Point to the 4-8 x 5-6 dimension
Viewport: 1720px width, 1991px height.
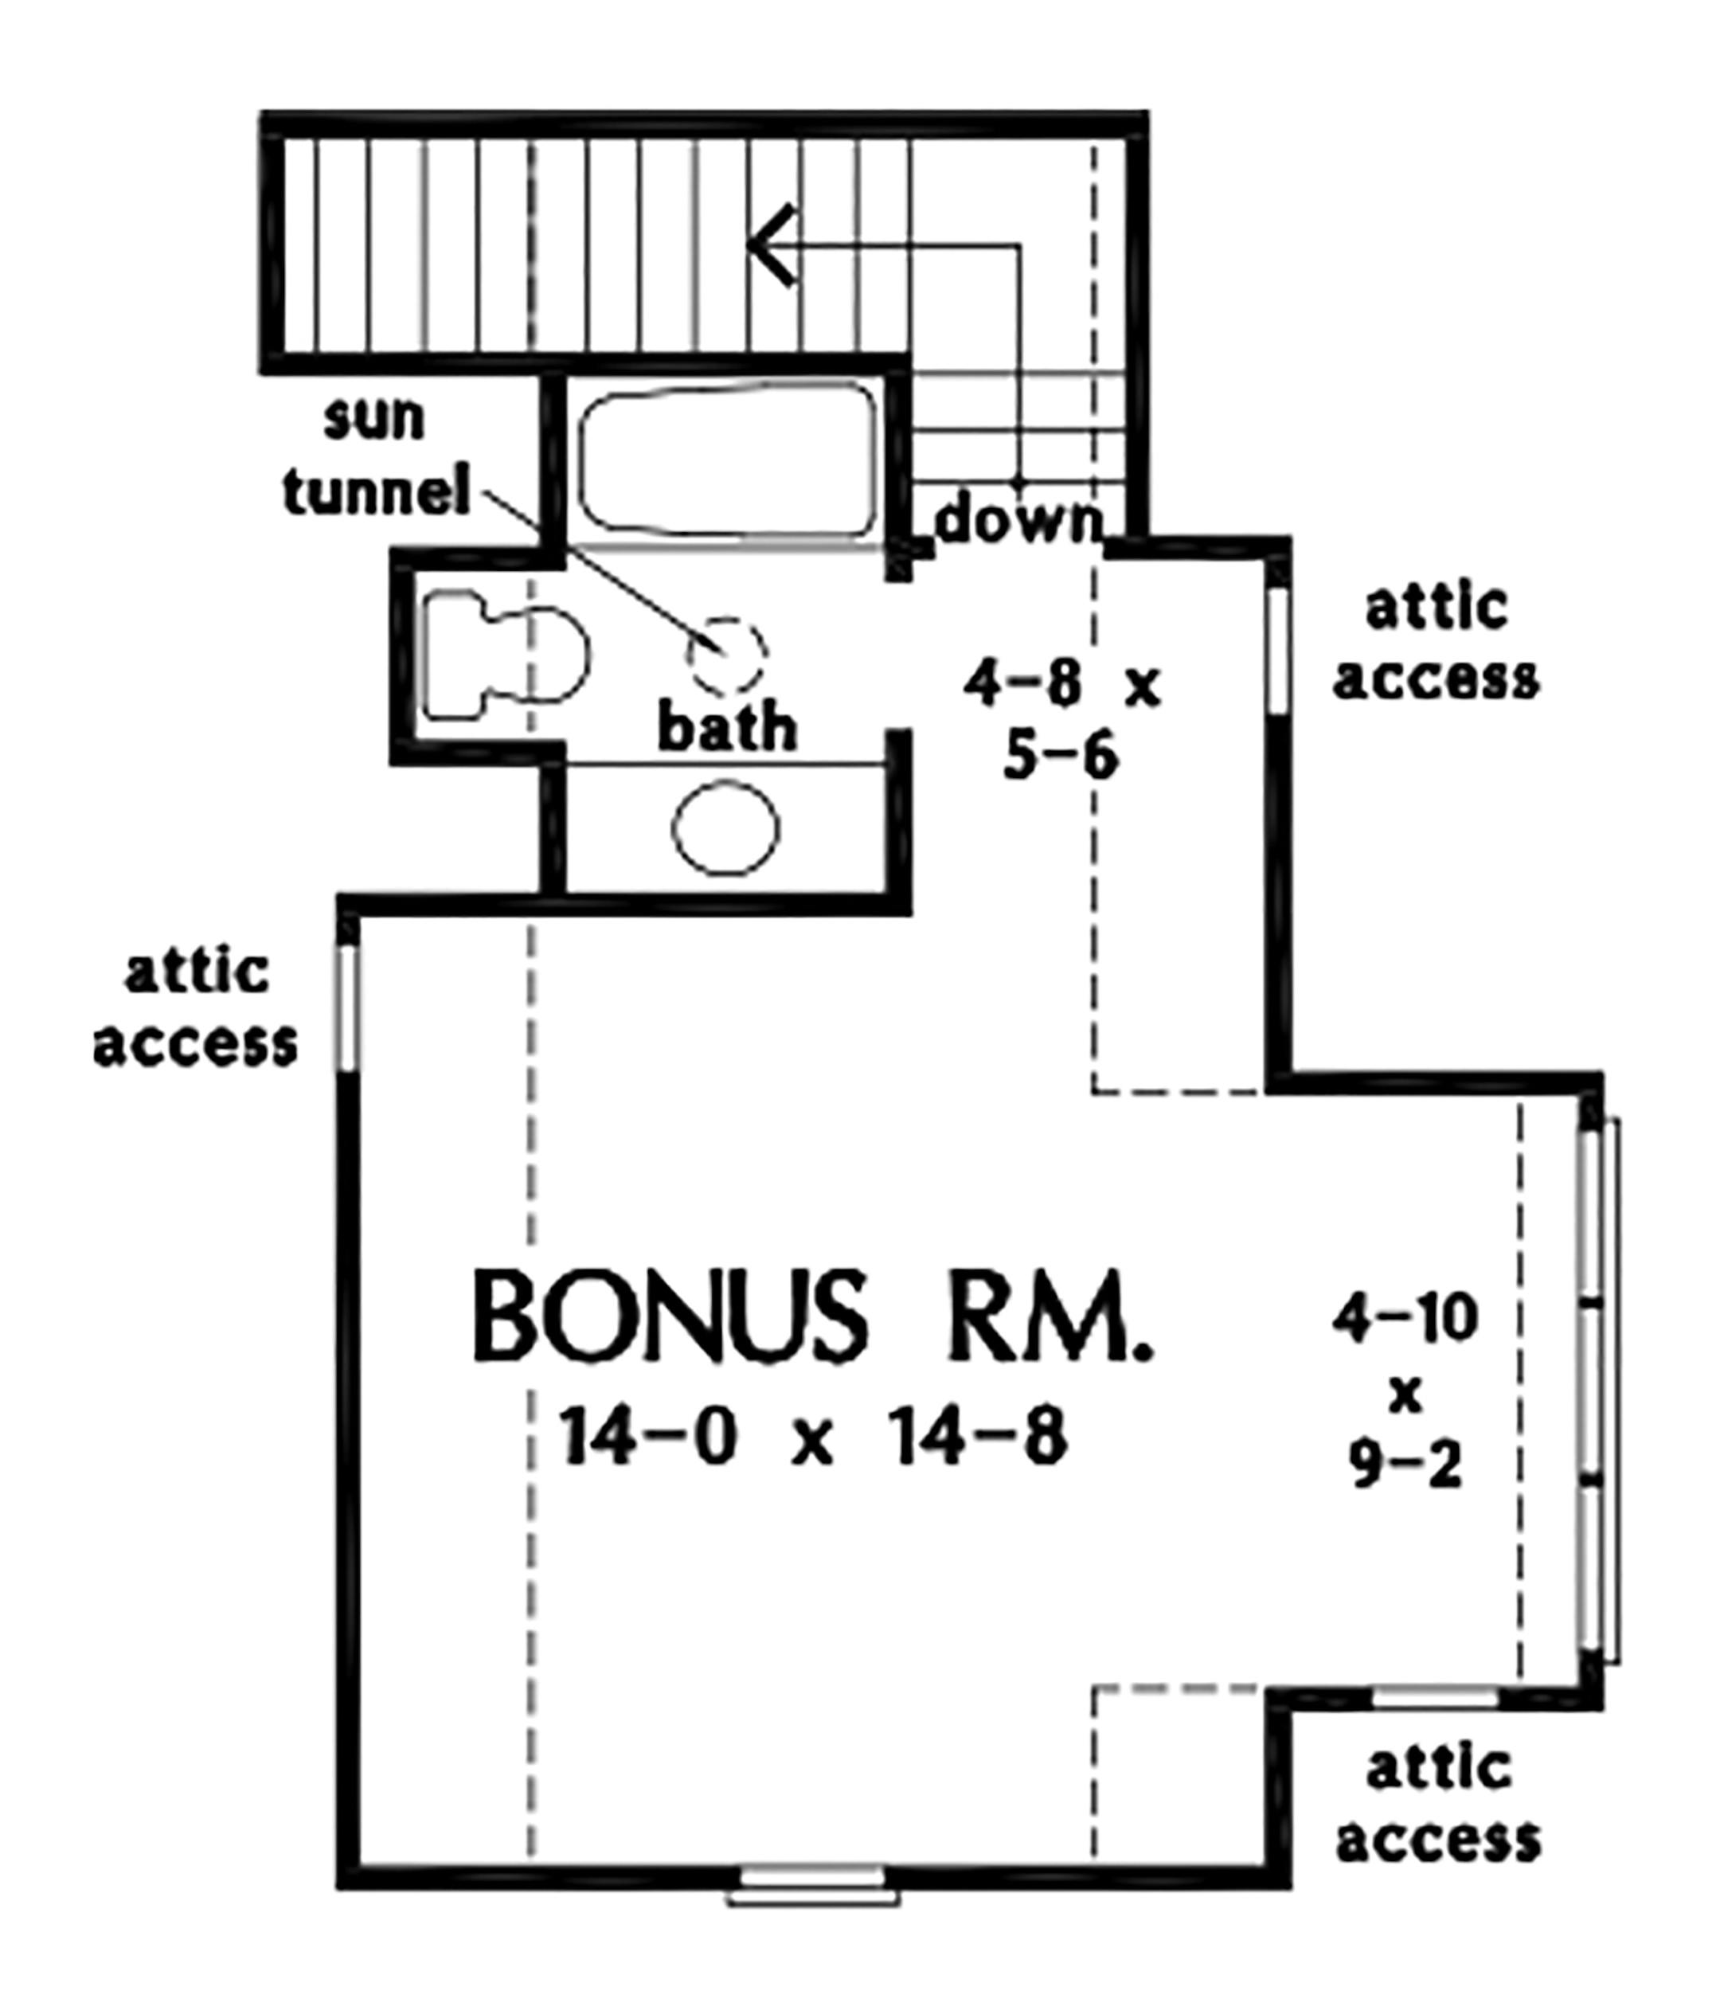tap(1061, 722)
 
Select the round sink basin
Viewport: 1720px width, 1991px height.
tap(725, 828)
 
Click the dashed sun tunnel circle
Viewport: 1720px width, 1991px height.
tap(727, 655)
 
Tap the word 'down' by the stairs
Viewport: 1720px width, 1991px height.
tap(1018, 522)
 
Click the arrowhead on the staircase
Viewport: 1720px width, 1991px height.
tap(772, 245)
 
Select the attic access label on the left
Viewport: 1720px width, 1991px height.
tap(196, 1009)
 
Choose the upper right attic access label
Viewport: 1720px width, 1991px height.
tap(1437, 643)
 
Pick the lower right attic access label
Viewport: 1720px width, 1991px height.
tap(1438, 1805)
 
